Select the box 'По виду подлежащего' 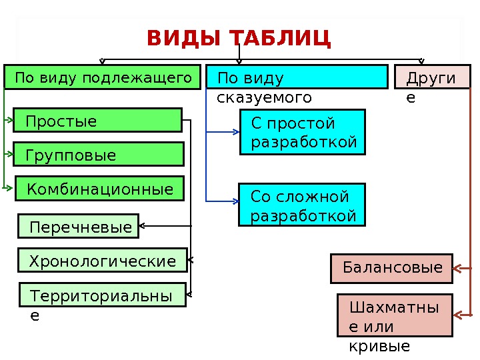103,77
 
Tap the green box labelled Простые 98,121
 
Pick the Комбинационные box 99,189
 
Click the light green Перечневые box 77,227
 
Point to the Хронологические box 102,260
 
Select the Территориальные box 102,295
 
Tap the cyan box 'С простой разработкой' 303,132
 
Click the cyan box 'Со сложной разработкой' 303,205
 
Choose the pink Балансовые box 392,268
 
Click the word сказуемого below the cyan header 265,98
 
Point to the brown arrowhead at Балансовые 458,269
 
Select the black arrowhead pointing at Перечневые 142,227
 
